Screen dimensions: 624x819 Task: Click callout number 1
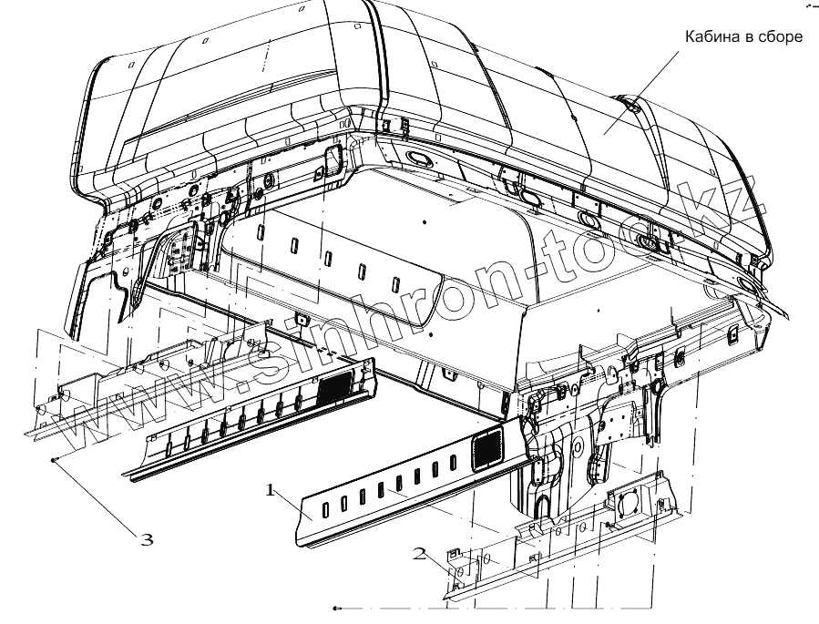pos(270,491)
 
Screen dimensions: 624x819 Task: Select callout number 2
pos(420,552)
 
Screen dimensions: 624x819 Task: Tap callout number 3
pos(147,539)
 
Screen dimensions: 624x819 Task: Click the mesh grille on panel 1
pos(488,446)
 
